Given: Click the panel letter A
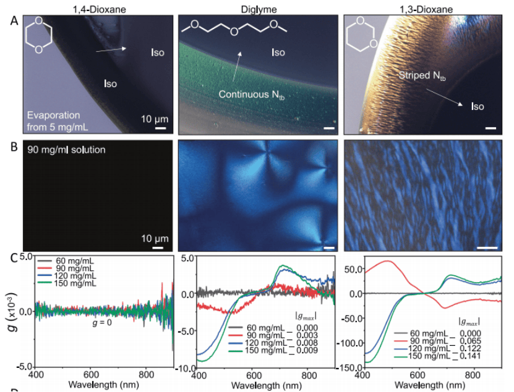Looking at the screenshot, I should (x=14, y=20).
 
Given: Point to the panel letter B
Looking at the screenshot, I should (x=14, y=148).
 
